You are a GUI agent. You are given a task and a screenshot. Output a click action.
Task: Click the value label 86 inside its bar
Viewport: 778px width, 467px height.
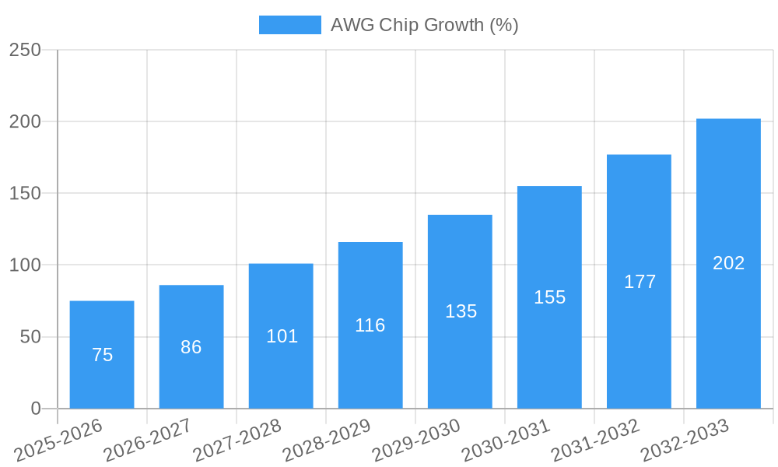point(191,347)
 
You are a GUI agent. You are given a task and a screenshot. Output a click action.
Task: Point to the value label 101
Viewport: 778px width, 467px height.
point(282,336)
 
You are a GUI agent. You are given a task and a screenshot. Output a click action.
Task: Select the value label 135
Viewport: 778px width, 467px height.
point(461,311)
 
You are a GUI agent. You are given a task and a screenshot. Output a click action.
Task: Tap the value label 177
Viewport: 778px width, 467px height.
point(640,282)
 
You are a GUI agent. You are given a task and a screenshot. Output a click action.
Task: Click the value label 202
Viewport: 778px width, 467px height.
point(728,263)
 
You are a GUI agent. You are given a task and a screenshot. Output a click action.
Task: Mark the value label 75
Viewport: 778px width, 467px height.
point(102,355)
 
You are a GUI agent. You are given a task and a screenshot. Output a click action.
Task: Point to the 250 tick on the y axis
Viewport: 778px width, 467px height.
point(25,50)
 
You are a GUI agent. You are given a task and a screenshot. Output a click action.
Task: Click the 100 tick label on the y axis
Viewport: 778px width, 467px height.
point(25,265)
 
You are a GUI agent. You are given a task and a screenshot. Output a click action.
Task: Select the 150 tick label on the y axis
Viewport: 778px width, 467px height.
point(25,193)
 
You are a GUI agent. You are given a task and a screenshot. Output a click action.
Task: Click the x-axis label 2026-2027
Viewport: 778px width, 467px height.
point(148,440)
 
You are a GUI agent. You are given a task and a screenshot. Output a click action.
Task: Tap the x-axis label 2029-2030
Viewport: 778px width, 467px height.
point(416,440)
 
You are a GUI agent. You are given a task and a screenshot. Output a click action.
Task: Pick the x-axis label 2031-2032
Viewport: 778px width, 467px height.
point(595,440)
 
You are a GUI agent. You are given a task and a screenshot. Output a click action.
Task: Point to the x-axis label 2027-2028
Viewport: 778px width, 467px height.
point(237,440)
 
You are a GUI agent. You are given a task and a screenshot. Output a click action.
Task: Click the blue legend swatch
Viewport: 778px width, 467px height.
point(289,25)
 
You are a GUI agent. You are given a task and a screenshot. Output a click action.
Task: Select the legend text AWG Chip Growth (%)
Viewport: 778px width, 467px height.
point(424,25)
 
